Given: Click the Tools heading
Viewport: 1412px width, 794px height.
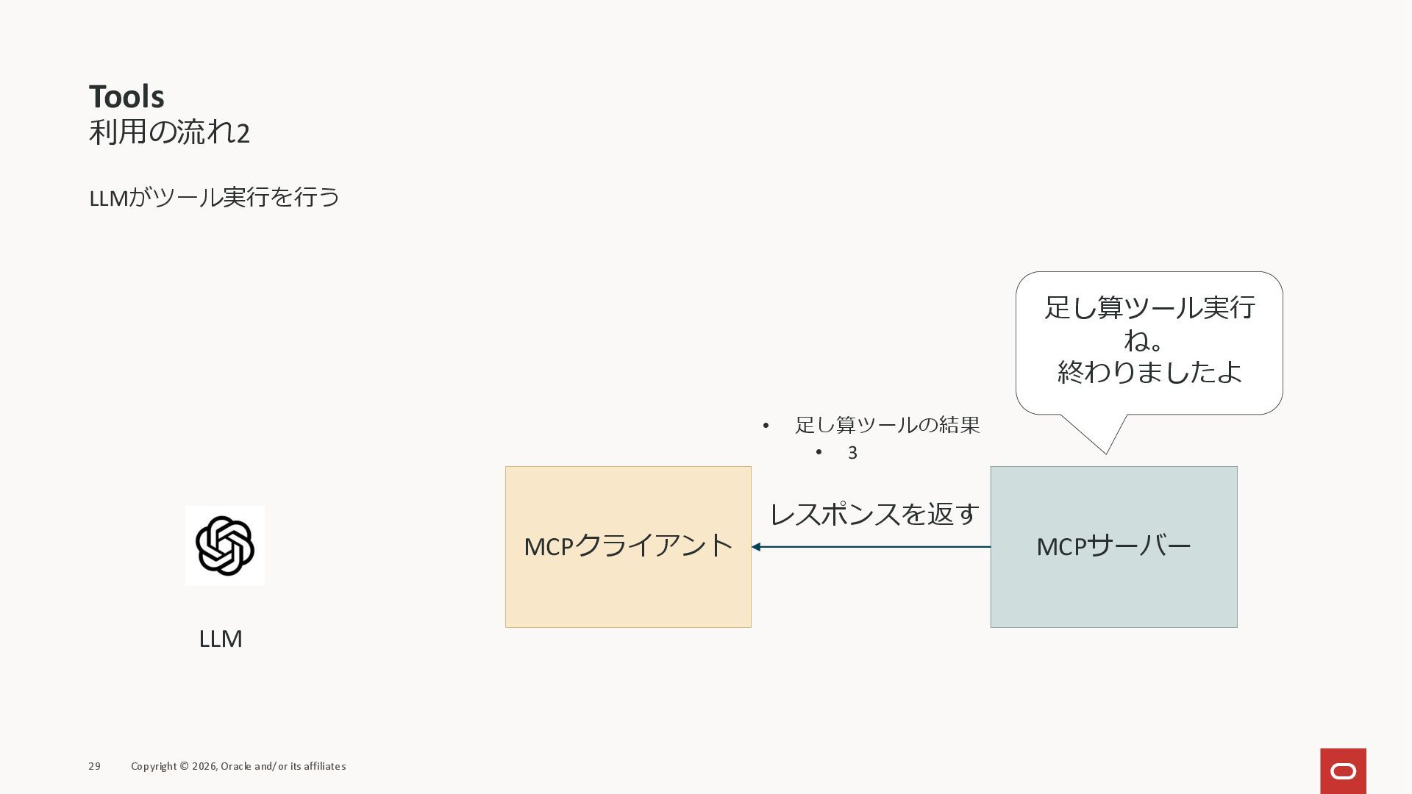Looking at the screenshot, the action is pos(126,97).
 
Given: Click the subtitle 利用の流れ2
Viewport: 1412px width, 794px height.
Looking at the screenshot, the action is pos(169,133).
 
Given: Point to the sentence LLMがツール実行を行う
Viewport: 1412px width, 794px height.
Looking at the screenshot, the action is pos(214,198).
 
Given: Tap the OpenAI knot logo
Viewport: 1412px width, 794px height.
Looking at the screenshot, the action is pos(225,546).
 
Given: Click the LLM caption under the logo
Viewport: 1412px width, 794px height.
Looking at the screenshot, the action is pos(221,639).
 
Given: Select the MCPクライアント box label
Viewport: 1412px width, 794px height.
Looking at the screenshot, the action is pos(628,546).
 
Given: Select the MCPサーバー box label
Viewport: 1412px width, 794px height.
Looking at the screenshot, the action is pos(1113,546).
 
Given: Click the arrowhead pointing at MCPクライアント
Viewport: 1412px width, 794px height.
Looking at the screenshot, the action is pos(756,547).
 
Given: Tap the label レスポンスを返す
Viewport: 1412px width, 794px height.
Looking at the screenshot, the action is pos(874,514).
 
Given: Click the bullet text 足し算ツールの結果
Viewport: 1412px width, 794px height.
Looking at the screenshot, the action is pos(887,425).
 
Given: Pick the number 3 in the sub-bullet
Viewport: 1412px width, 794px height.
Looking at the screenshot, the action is pos(852,453).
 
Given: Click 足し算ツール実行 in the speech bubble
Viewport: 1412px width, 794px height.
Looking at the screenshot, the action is pos(1149,307).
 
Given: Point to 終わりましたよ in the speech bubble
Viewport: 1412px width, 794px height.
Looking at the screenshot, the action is pos(1149,372).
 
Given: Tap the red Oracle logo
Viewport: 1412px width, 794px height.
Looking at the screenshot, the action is pos(1343,770).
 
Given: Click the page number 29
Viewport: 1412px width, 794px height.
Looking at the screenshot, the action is pos(94,766).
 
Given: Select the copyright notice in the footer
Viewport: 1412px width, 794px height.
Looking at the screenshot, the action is pos(238,766).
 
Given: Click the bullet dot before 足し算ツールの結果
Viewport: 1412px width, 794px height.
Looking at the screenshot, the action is pos(766,426).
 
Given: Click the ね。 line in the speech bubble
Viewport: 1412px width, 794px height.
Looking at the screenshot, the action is pos(1144,340).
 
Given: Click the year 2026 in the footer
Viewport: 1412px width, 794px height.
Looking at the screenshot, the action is pos(204,766).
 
